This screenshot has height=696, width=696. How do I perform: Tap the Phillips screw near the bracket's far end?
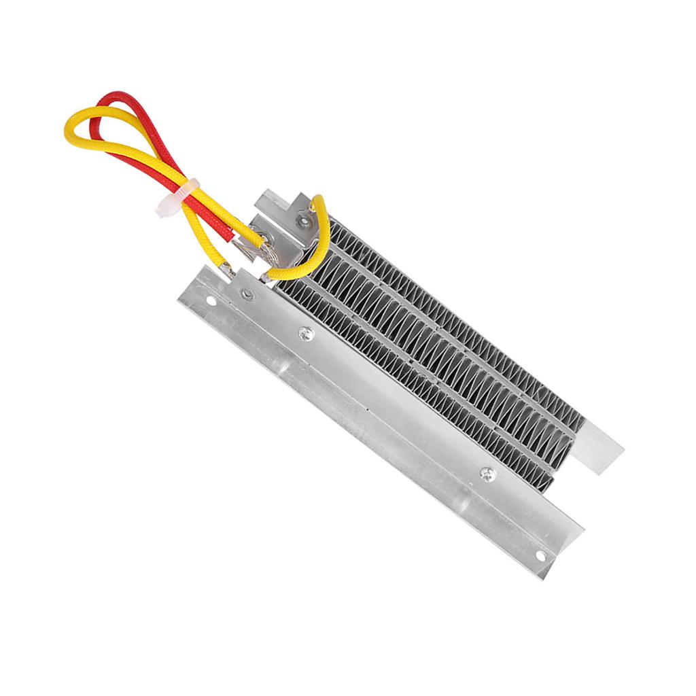pos(485,474)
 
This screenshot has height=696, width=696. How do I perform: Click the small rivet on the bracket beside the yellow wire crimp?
pos(249,294)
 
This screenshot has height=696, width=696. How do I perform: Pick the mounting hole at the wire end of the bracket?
pos(211,300)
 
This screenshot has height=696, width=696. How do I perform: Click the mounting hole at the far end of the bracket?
pos(540,555)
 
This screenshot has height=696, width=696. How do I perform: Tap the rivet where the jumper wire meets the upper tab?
pos(303,220)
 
